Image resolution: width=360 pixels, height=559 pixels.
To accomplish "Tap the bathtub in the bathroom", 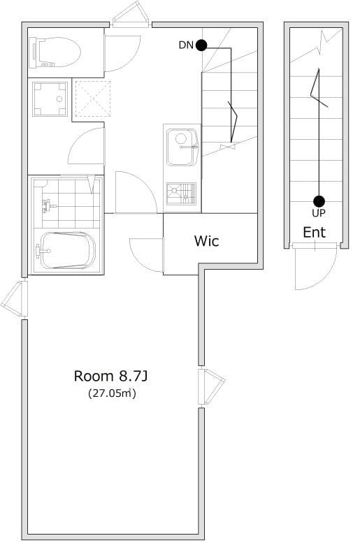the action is [68, 250].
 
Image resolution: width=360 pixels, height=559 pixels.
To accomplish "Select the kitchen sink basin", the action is [182, 147].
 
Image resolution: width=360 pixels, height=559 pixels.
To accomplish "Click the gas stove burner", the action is [181, 194].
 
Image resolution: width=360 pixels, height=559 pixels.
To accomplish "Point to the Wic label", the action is [207, 241].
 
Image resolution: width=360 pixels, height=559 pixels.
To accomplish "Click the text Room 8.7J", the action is [110, 376].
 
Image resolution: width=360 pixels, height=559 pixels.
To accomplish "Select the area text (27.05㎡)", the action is [112, 393].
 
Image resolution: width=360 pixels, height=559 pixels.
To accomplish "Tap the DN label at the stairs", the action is [186, 45].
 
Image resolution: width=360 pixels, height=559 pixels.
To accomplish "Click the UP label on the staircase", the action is [319, 213].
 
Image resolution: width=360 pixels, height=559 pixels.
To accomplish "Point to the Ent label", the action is [315, 233].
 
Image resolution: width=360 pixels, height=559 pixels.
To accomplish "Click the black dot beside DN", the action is [201, 45].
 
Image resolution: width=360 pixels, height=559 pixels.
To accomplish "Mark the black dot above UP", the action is [319, 201].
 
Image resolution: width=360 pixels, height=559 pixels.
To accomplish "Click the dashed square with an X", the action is [93, 99].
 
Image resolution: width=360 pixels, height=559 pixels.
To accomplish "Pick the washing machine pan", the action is [50, 99].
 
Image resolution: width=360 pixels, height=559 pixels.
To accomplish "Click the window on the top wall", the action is [131, 15].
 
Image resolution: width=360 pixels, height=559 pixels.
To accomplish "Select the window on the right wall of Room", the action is [210, 386].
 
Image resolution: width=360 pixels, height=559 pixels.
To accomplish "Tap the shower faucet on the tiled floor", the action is [48, 206].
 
